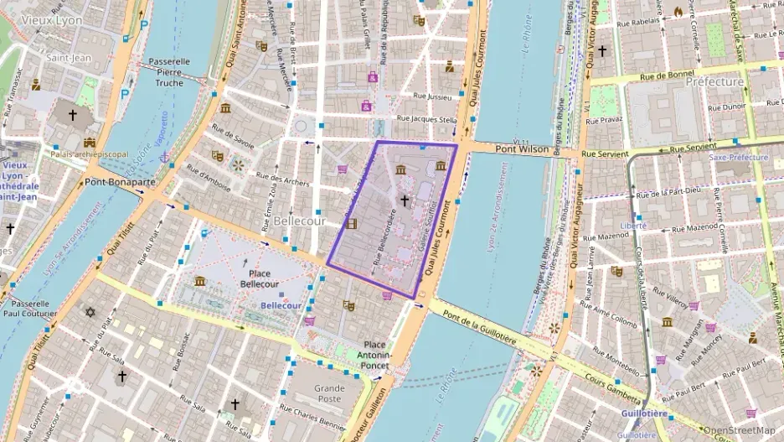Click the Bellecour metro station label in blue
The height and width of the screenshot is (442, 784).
[281, 306]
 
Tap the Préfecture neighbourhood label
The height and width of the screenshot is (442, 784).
[714, 82]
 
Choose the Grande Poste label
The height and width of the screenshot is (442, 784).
[329, 394]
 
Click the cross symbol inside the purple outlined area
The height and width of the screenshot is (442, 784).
[405, 200]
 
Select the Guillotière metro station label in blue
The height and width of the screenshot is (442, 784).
[644, 413]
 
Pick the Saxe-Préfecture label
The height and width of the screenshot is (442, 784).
[738, 157]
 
